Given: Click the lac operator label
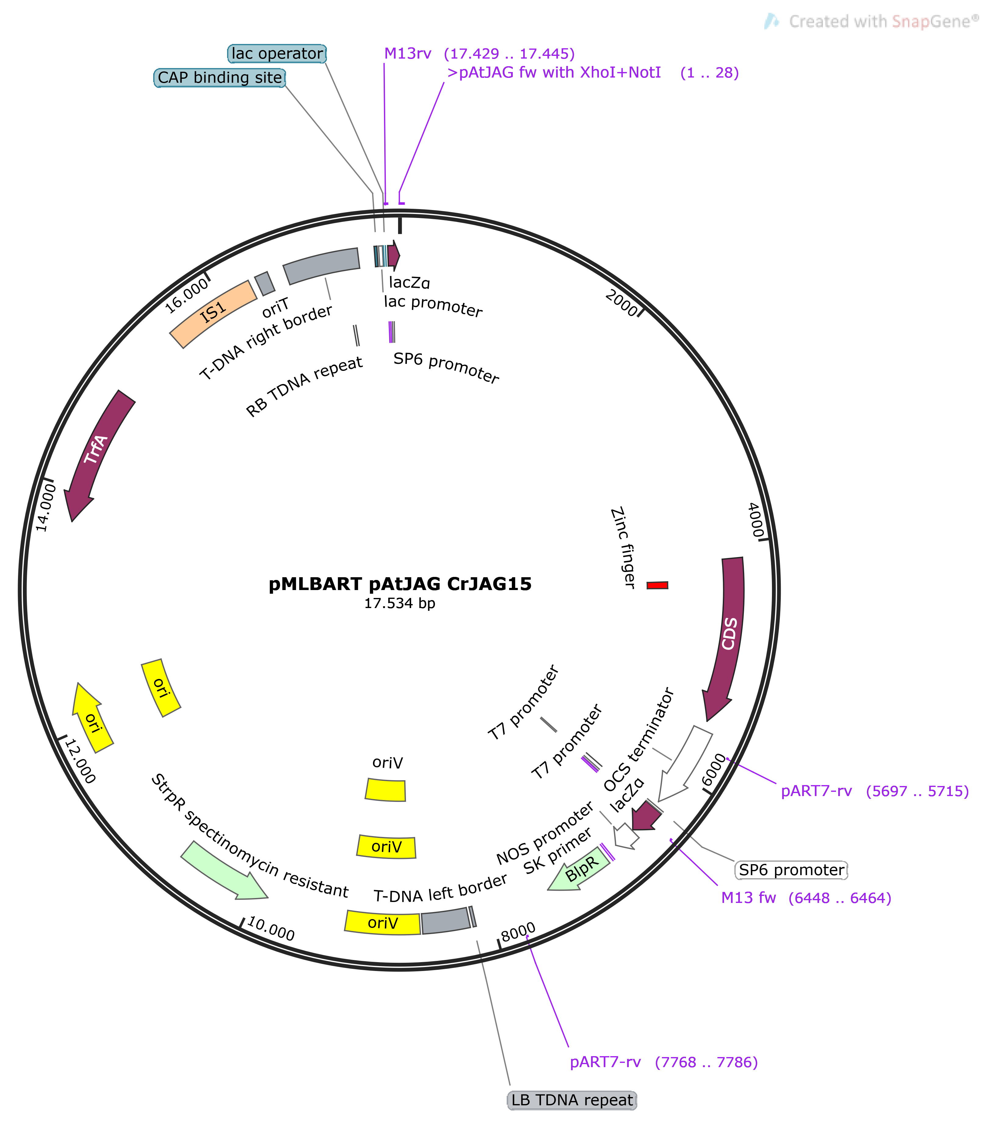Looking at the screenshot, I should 277,54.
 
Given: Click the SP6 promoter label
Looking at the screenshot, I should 791,870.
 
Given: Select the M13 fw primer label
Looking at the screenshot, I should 805,898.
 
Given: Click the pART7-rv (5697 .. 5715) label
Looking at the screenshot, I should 874,791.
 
